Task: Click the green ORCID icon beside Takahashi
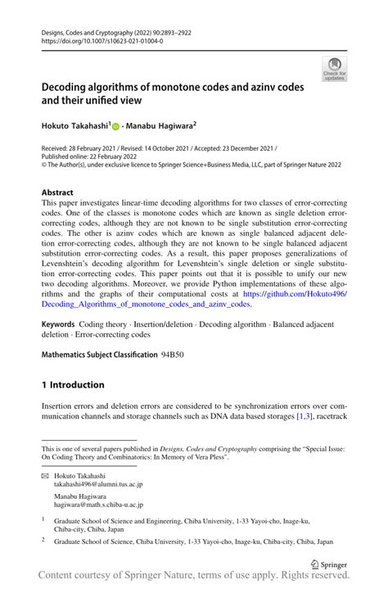(x=115, y=127)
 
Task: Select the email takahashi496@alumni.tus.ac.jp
(x=98, y=484)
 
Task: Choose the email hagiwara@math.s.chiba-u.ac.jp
(x=103, y=507)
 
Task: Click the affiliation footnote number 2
(x=43, y=541)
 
